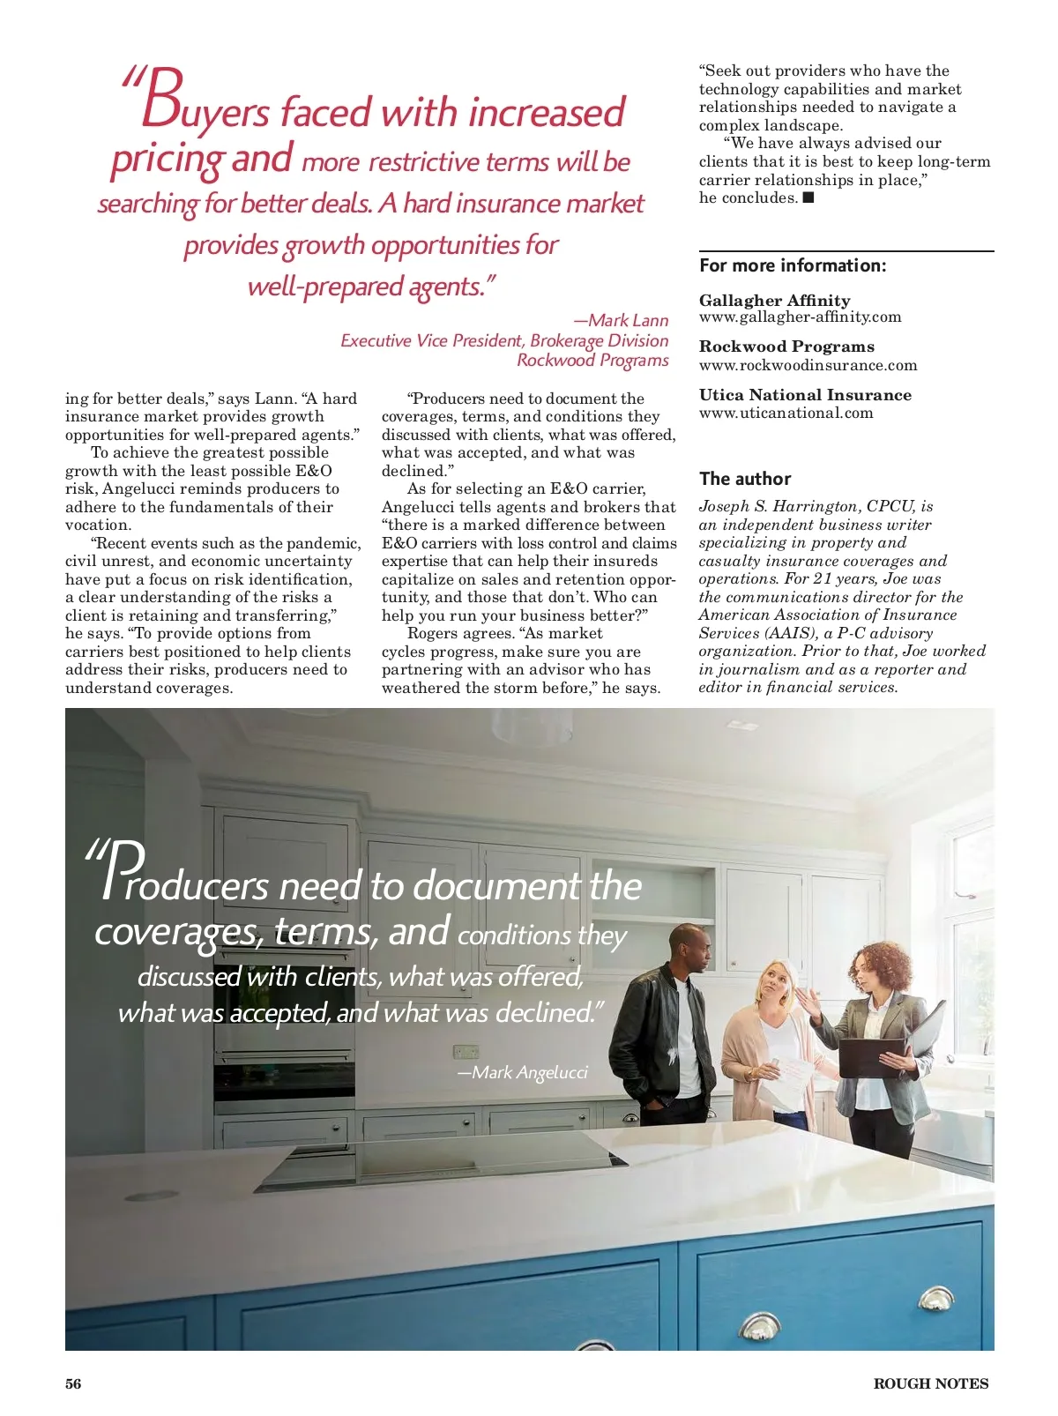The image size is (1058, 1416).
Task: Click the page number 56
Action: (73, 1383)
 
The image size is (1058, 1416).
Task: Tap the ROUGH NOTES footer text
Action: (931, 1383)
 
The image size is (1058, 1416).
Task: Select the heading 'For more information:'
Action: (793, 265)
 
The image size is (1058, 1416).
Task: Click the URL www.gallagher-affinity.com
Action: (800, 317)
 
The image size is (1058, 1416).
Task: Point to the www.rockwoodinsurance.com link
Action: (808, 365)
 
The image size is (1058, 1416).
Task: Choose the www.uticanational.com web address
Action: (786, 413)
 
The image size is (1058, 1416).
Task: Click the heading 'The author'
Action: (745, 479)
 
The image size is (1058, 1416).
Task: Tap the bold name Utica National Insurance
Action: (805, 395)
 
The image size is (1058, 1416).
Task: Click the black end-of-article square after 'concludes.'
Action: (808, 197)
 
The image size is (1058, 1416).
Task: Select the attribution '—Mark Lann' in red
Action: (621, 320)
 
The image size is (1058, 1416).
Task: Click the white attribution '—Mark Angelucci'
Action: (522, 1072)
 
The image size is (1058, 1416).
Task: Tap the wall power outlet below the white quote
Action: (466, 1052)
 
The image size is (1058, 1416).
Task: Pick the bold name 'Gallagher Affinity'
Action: (774, 301)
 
